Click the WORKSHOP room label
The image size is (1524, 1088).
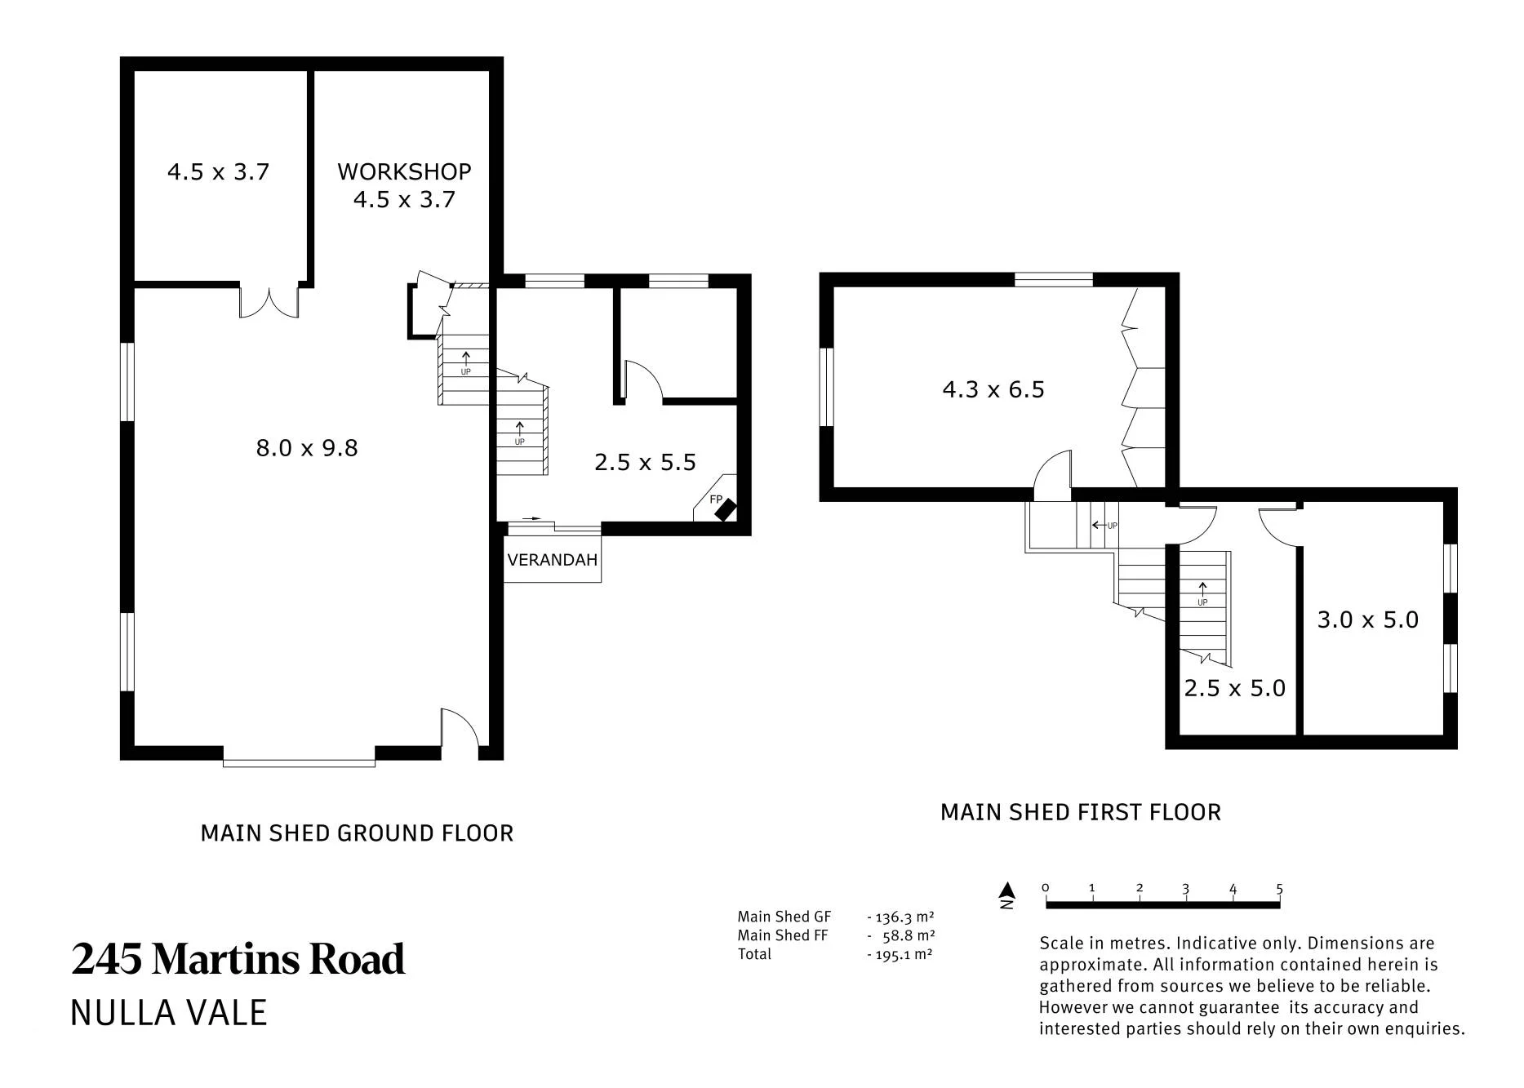pos(404,171)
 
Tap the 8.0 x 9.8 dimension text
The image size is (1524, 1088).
pos(307,448)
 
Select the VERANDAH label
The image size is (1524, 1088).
pos(553,560)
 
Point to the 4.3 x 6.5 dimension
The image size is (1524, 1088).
pos(993,389)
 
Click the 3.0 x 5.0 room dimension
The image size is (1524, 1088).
pos(1368,619)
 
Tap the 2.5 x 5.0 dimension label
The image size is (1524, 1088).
pos(1235,688)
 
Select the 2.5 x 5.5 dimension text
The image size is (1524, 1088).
pos(645,463)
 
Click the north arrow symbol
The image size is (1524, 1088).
pos(1008,895)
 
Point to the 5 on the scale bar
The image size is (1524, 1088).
pos(1279,889)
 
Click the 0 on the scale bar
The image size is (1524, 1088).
pos(1046,888)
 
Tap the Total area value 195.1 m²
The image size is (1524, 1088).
pos(900,954)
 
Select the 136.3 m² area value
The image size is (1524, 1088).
pos(900,917)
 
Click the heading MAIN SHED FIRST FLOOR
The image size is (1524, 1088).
pos(1081,812)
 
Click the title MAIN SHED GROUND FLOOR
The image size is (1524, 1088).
pos(357,833)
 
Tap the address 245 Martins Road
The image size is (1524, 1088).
pos(238,958)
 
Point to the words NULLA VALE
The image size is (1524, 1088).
pos(169,1013)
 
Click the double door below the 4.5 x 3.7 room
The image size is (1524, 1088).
pos(269,301)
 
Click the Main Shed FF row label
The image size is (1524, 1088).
pos(783,935)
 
